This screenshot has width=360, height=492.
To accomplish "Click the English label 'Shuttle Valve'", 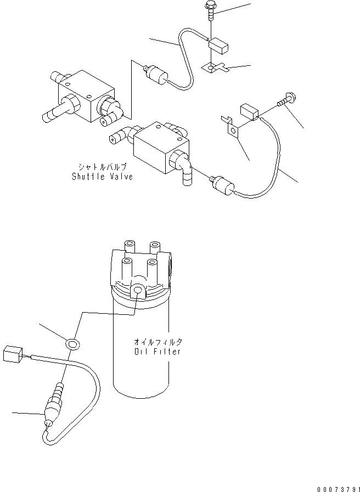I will point(102,177).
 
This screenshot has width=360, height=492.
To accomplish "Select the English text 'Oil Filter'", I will point(157,352).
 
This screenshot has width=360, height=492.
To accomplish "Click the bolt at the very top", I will point(211,9).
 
